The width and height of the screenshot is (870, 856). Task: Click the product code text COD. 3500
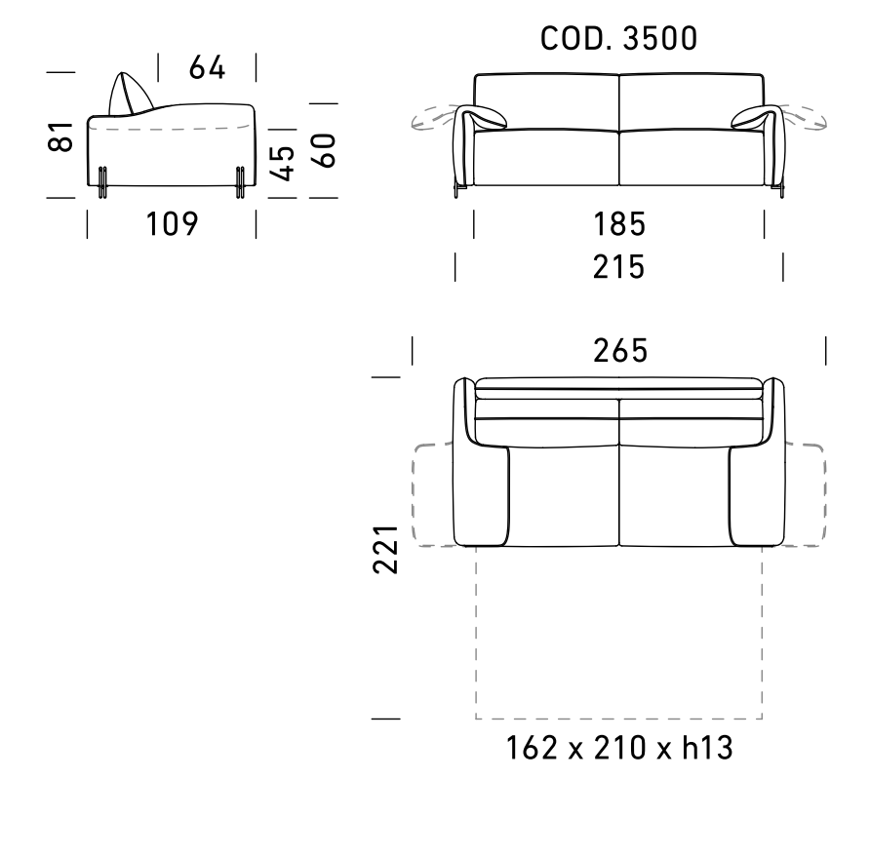point(618,38)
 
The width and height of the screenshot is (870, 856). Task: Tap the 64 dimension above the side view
point(207,67)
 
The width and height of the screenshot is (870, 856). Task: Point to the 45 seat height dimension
point(283,163)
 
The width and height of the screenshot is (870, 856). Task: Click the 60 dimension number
point(324,150)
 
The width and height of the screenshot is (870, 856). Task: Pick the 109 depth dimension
point(172,224)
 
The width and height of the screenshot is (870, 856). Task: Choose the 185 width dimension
point(619,224)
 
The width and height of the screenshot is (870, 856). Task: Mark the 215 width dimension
point(618,267)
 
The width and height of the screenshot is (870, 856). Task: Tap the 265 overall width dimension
point(620,351)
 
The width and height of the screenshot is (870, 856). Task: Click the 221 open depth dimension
point(385,549)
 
